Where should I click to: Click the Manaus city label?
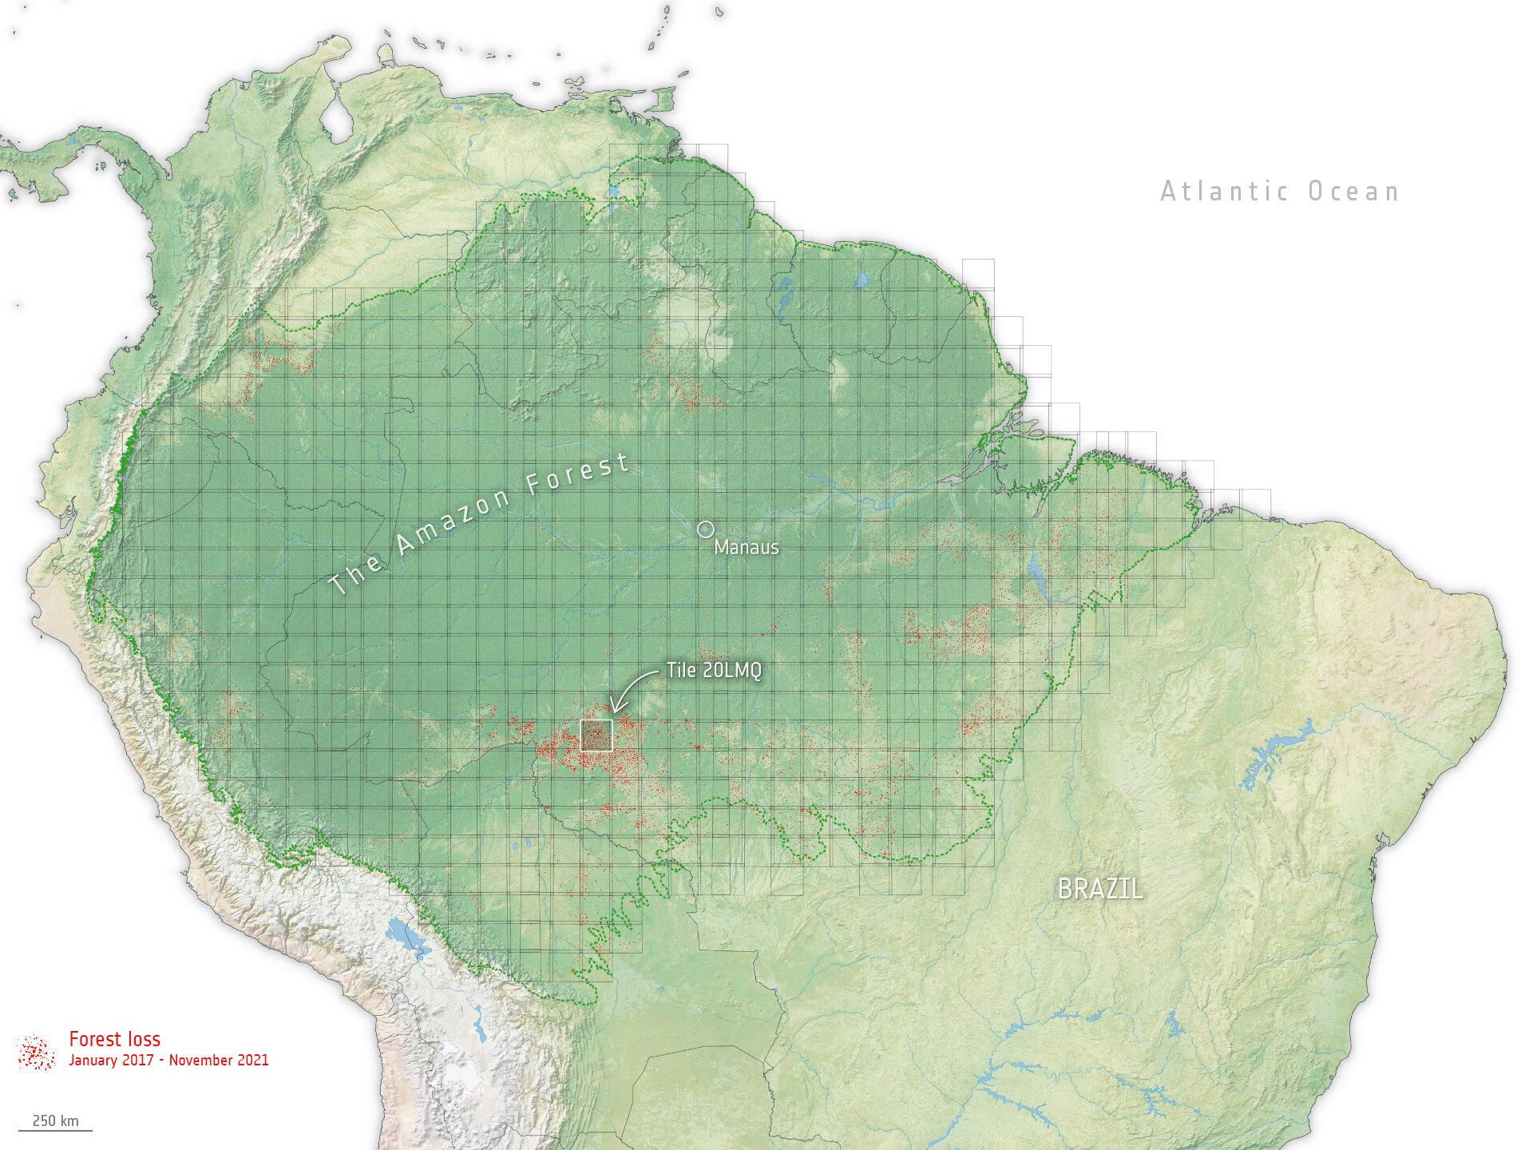[x=746, y=547]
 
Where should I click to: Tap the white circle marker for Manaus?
[x=705, y=529]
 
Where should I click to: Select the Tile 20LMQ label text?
[x=714, y=670]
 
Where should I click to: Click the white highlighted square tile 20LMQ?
[x=596, y=736]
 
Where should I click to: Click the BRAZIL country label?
[x=1099, y=889]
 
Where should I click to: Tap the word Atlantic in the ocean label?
[x=1224, y=192]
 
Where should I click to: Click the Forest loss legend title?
[x=114, y=1039]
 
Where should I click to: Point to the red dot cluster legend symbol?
[x=35, y=1053]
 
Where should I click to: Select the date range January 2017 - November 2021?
[x=168, y=1061]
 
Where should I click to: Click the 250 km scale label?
[x=55, y=1120]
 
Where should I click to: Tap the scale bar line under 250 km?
[x=55, y=1130]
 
